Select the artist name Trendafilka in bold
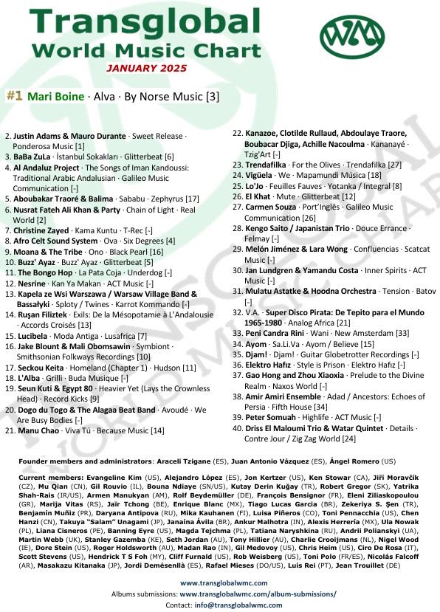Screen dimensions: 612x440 pyautogui.click(x=267, y=165)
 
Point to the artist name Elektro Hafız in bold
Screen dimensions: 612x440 pyautogui.click(x=272, y=365)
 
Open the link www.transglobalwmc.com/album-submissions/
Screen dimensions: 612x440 pyautogui.click(x=258, y=593)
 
